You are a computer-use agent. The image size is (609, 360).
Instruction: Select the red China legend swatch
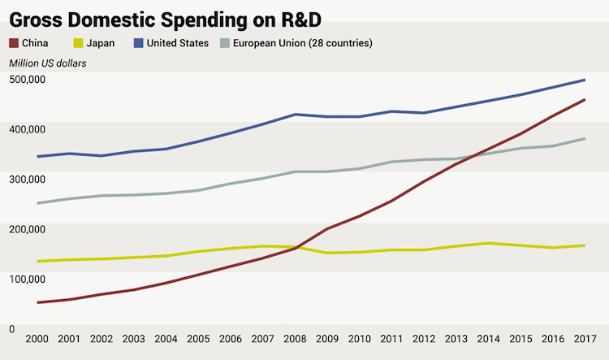(x=14, y=42)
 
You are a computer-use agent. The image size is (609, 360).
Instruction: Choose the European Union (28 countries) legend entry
(x=302, y=42)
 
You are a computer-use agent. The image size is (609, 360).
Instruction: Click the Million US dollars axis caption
(x=48, y=63)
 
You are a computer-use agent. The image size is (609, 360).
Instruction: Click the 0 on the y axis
(x=11, y=329)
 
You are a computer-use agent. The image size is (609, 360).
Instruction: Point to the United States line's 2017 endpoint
(x=585, y=80)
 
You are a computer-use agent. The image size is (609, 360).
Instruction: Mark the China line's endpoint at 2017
(x=585, y=100)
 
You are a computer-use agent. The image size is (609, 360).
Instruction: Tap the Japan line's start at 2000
(x=38, y=261)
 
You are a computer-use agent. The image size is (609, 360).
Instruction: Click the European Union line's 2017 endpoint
(x=585, y=139)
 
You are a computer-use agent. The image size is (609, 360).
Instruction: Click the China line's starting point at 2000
(x=38, y=302)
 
